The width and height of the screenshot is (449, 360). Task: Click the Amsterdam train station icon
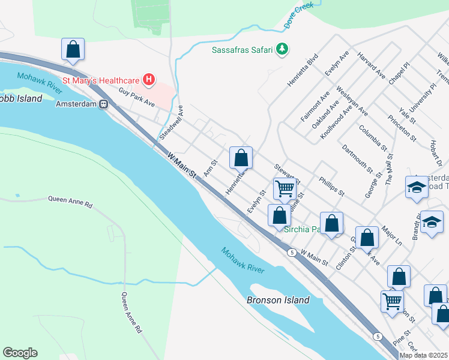click(x=103, y=104)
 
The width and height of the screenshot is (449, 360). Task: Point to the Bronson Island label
click(x=278, y=300)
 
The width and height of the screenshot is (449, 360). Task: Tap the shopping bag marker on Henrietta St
click(x=241, y=158)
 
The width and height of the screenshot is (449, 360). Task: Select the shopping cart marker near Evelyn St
click(x=285, y=189)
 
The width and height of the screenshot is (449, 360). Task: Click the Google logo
click(x=20, y=353)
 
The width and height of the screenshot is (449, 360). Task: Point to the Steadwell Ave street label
click(x=172, y=123)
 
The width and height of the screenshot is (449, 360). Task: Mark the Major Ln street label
click(x=391, y=232)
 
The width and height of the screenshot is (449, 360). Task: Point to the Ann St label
click(x=209, y=168)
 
